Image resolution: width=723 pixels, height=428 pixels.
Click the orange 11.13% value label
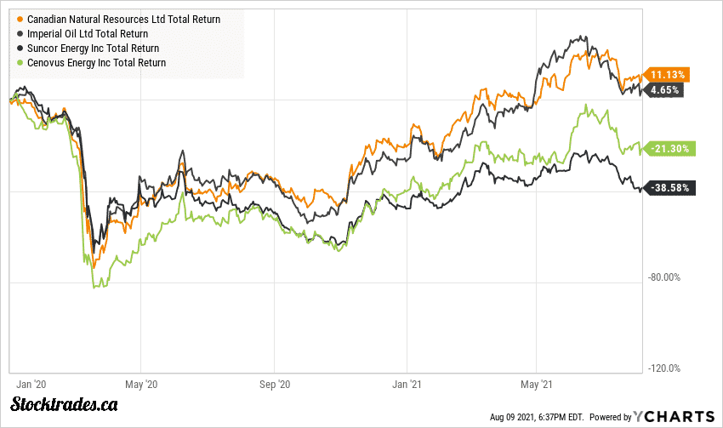point(669,74)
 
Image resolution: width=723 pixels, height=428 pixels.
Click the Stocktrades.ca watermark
point(65,404)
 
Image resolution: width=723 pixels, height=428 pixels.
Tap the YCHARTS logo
point(674,416)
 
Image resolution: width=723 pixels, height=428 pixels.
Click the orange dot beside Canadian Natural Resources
point(20,20)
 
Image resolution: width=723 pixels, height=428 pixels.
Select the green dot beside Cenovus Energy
point(20,63)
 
